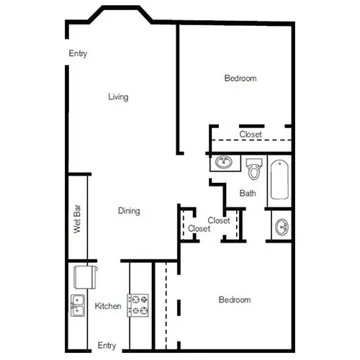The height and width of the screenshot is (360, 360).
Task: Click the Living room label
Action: tap(118, 97)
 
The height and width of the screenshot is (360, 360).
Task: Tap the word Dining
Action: tap(129, 211)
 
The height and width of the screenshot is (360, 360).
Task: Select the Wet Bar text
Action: tap(77, 219)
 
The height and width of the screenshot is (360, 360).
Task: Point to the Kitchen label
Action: tap(108, 306)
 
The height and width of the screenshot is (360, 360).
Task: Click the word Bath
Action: tap(248, 193)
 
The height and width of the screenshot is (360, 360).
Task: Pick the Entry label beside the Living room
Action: tap(78, 53)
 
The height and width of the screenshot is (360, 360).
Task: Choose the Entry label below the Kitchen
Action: tap(107, 346)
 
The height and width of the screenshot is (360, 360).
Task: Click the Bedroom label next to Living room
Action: tap(240, 78)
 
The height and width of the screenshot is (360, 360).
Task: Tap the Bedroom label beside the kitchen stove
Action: tap(235, 300)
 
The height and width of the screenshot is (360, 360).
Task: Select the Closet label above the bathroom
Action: tap(251, 134)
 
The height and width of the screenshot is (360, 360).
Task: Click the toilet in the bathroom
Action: tap(254, 169)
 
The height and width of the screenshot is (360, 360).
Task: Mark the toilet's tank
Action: tap(254, 162)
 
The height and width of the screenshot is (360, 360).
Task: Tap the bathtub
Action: tap(279, 179)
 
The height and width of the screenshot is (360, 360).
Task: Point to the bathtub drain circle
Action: tap(279, 164)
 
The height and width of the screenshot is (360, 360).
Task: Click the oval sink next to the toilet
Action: tap(224, 162)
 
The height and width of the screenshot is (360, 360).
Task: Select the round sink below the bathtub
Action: tap(282, 227)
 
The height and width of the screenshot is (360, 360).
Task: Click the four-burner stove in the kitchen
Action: tap(138, 305)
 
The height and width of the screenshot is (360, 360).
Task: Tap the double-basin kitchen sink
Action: tap(78, 305)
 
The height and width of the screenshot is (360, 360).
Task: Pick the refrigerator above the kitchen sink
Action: tap(86, 277)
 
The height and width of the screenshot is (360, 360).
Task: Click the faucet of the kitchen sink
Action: tap(73, 305)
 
